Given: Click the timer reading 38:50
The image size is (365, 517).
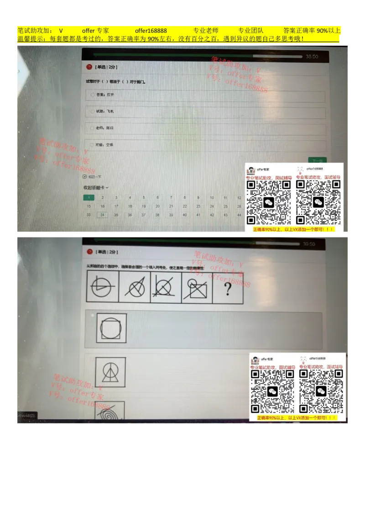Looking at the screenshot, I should (x=312, y=57).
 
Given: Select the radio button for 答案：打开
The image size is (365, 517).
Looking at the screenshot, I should (x=93, y=95).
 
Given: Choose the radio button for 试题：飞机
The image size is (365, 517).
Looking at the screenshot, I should (x=93, y=111).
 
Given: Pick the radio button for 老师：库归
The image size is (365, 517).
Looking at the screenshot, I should (x=93, y=128).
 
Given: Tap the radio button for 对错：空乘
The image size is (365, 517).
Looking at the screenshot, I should (x=93, y=145).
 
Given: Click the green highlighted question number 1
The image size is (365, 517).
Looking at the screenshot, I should (x=89, y=198).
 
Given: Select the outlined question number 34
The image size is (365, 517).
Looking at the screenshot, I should (x=102, y=215).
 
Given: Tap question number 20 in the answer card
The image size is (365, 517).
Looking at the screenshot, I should (x=157, y=206).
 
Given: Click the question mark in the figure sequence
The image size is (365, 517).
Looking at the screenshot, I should (x=228, y=288).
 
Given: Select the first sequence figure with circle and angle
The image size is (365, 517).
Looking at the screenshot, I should (x=103, y=287).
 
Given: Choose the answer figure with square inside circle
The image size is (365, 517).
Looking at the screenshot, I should (x=111, y=328).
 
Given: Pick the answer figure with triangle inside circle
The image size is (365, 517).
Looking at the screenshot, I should (x=110, y=372).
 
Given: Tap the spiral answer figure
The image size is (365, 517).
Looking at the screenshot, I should (x=110, y=411).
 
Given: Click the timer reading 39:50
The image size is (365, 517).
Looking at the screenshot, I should (x=309, y=244).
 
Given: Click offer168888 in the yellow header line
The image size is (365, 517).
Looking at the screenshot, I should (x=151, y=31).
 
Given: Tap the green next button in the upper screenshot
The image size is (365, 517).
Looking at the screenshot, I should (x=317, y=160).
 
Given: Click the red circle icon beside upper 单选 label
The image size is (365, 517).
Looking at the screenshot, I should (x=89, y=67).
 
